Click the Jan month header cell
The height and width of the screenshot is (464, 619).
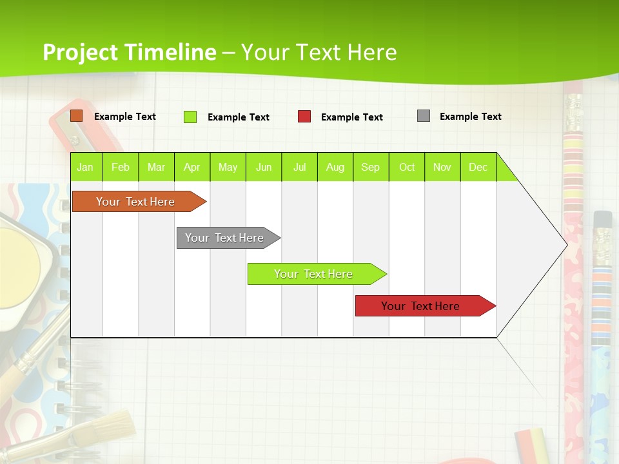point(86,167)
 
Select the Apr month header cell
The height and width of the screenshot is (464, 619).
point(192,167)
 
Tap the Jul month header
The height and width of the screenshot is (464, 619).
point(299,167)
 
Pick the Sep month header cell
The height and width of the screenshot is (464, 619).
point(371,167)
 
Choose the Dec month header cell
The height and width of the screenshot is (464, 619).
point(478,167)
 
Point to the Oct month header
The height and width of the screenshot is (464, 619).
point(407,167)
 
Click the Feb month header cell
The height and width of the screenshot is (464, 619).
point(121,167)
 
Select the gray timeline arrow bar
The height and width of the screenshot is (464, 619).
point(225,238)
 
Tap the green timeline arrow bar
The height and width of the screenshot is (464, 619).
point(314,274)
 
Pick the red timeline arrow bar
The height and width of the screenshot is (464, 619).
point(421,306)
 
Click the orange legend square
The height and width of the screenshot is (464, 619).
point(77,116)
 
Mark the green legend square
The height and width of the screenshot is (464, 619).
point(190,117)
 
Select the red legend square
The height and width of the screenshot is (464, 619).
point(304,117)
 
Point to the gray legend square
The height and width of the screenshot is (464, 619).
point(424,116)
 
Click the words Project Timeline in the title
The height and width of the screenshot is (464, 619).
point(129,52)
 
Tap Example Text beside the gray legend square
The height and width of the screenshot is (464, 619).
point(470,117)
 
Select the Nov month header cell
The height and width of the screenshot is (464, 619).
point(442,167)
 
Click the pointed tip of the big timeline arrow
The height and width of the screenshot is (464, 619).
point(565,244)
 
